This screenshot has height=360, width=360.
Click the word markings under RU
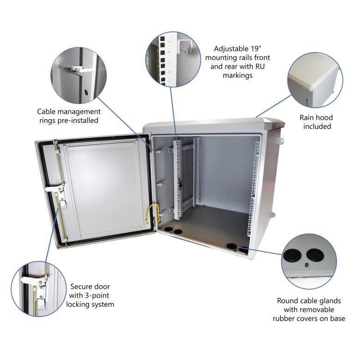pyautogui.click(x=238, y=75)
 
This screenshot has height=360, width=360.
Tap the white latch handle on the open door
pyautogui.click(x=55, y=189)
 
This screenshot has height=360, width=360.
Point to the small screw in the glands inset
pyautogui.click(x=306, y=265)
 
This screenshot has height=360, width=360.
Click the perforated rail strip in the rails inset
pyautogui.click(x=163, y=60)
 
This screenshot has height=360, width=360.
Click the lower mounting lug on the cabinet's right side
pyautogui.click(x=273, y=214)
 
